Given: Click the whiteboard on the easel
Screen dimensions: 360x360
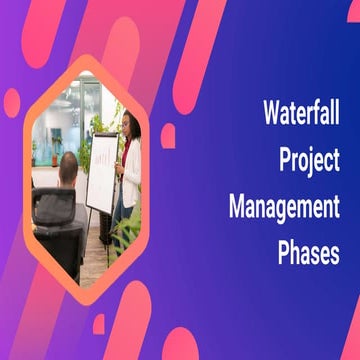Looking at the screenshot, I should click(x=101, y=171).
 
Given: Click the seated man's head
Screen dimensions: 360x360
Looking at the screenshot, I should click(x=67, y=167).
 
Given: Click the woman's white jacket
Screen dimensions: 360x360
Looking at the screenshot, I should click(x=131, y=165).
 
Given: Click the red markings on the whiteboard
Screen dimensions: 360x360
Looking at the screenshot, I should click(x=101, y=156).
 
